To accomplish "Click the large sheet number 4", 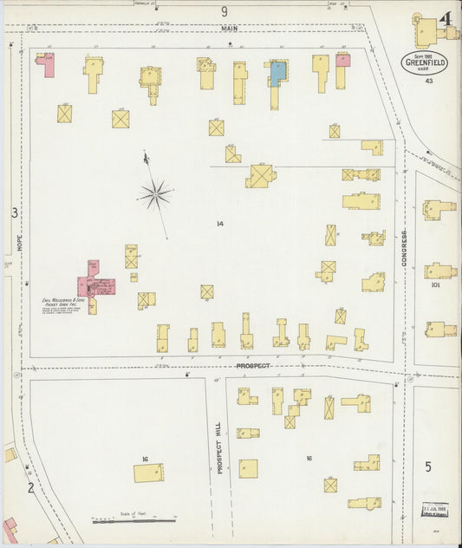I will (445, 18).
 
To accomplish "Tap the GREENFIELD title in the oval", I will (424, 62).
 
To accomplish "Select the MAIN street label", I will (228, 28).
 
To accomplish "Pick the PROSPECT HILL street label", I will (220, 447).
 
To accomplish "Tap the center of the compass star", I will (156, 194).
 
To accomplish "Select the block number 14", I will (220, 224).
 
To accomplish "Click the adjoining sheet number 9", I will (224, 11).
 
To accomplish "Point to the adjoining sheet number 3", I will (13, 212).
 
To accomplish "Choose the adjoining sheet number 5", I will (427, 467).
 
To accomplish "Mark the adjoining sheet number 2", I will (29, 487).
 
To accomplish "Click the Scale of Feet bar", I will (134, 521).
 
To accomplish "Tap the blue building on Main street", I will (277, 73).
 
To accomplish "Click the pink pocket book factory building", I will (92, 284).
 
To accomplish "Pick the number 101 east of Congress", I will (434, 284).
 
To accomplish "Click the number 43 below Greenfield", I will (428, 81).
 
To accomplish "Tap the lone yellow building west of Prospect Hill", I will (148, 473).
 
